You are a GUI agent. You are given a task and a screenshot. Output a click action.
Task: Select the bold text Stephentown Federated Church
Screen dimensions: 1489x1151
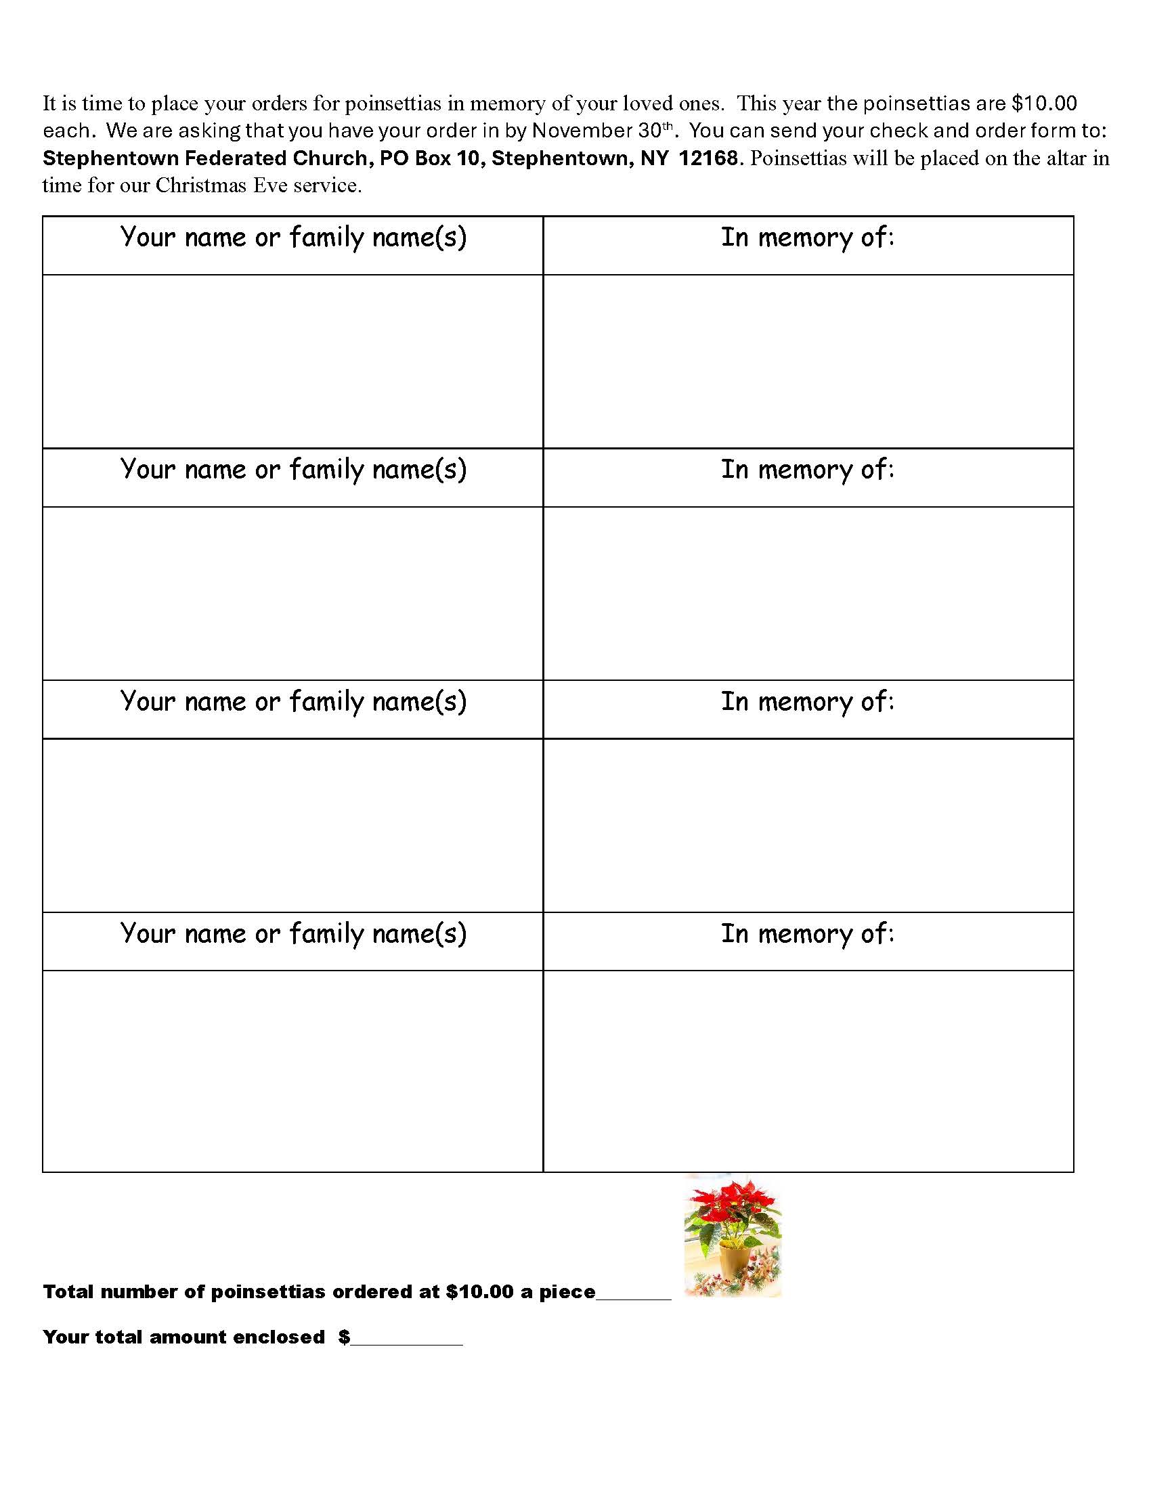click(204, 158)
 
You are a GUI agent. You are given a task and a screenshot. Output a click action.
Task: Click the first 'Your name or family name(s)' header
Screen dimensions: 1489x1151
click(293, 238)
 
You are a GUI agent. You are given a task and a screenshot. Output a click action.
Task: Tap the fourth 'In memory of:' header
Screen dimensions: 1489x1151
click(807, 934)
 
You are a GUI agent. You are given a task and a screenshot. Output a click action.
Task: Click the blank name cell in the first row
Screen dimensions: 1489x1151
click(293, 361)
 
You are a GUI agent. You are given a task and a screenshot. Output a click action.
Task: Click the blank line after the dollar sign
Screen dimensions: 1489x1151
click(407, 1339)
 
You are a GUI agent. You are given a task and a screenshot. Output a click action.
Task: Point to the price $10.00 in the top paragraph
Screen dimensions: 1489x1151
click(1044, 104)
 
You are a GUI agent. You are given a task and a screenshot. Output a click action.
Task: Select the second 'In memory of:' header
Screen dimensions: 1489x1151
click(807, 470)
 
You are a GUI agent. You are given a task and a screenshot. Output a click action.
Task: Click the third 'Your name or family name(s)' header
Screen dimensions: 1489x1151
click(293, 703)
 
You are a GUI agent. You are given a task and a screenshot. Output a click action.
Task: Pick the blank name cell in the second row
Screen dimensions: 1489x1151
click(293, 593)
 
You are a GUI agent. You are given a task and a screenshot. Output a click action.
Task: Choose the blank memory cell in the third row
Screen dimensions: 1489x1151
click(807, 825)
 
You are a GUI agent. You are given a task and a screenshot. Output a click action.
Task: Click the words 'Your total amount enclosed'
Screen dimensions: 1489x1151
click(184, 1337)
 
